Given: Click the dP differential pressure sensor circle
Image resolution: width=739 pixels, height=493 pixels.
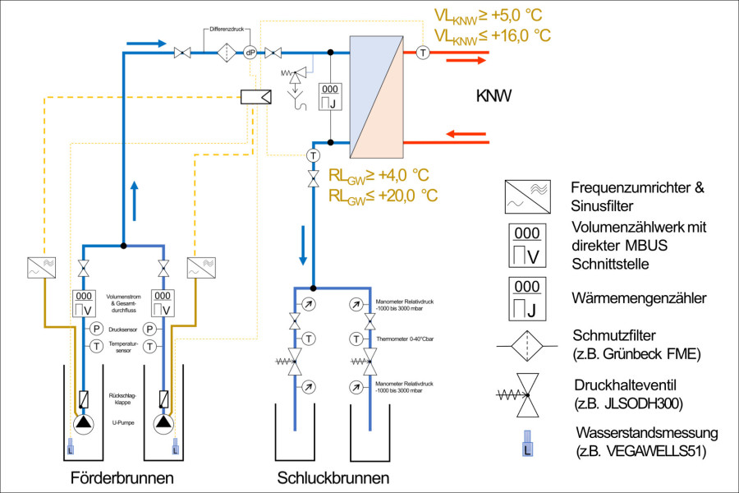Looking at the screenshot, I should click(250, 53).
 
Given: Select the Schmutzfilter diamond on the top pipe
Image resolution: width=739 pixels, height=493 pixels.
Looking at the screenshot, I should click(227, 53).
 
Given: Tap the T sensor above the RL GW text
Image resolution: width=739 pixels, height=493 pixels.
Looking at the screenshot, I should click(312, 155).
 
